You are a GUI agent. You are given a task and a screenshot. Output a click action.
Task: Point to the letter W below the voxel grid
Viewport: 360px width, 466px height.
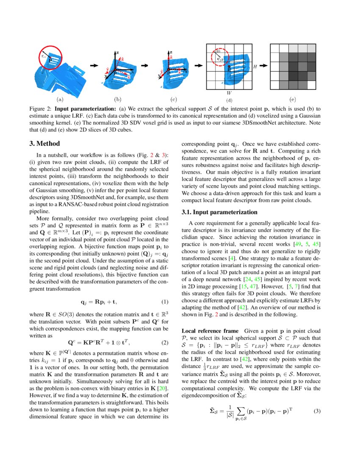tap(229, 92)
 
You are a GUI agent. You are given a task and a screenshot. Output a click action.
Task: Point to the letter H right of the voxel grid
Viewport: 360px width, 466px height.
tap(255, 67)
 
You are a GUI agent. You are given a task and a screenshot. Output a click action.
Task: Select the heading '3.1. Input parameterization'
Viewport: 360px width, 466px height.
tap(219, 212)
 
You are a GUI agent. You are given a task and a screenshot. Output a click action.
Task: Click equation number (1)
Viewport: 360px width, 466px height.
tap(165, 302)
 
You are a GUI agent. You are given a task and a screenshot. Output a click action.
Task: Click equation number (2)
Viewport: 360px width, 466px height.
tap(165, 342)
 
